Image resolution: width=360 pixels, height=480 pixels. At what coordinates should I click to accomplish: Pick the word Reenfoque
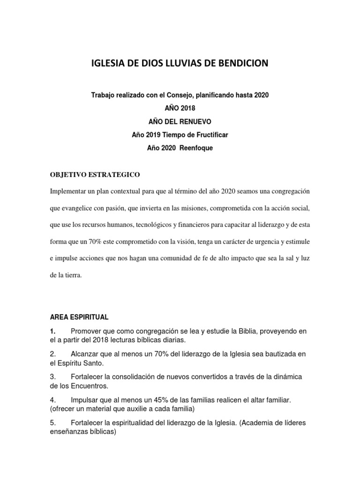[x=193, y=148]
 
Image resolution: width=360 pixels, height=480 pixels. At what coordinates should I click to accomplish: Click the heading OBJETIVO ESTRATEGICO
[x=95, y=174]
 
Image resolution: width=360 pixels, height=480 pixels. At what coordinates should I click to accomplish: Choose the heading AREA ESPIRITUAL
[x=79, y=317]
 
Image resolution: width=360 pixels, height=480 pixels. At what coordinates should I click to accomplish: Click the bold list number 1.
[x=52, y=331]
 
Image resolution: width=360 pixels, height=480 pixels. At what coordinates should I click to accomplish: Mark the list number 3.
[x=52, y=377]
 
